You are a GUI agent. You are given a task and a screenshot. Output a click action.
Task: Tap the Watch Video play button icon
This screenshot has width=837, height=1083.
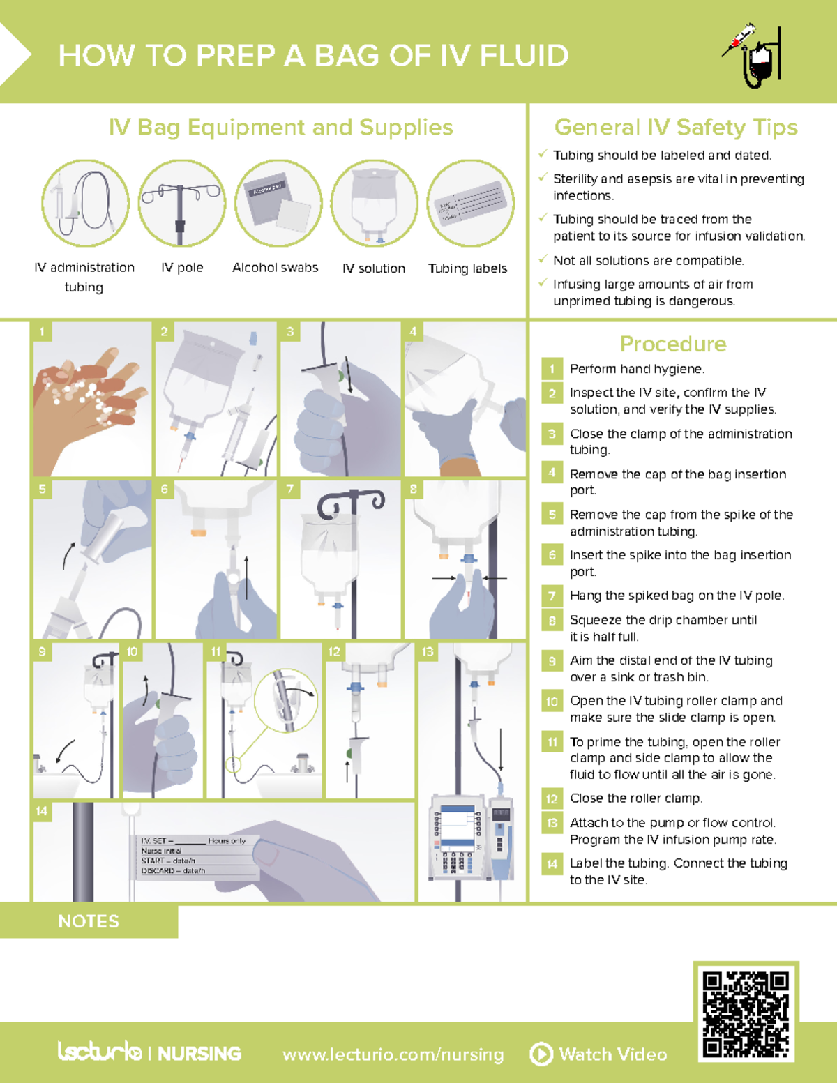541,1054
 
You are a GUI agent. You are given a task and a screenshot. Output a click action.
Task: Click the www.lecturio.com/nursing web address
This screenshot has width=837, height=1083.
393,1054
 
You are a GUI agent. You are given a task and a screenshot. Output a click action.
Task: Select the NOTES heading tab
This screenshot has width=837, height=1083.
89,921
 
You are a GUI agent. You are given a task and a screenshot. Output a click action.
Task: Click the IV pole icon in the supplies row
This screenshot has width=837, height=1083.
181,203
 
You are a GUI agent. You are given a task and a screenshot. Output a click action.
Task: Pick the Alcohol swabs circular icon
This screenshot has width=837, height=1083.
278,203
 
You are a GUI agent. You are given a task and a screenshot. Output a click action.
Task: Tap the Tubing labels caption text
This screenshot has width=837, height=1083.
467,268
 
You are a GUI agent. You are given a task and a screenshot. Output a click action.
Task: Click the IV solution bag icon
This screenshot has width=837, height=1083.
374,203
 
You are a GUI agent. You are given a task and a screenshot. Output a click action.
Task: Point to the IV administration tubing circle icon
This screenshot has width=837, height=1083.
85,203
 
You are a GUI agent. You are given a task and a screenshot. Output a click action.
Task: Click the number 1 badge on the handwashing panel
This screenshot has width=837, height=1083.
42,331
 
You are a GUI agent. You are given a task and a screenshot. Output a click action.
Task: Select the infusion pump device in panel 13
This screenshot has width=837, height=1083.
458,836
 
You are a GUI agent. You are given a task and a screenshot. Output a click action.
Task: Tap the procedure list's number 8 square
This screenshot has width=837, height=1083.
552,620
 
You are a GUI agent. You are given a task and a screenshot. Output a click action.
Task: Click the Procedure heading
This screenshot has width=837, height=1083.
672,344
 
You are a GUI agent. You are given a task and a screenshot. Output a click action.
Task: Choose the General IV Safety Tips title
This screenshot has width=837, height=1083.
675,127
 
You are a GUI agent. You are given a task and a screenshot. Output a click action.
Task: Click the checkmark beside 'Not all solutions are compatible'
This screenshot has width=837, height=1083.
543,259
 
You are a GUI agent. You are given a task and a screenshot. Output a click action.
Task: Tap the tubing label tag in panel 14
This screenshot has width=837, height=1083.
197,856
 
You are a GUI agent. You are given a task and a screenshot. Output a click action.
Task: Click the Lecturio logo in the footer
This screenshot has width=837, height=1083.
100,1052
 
